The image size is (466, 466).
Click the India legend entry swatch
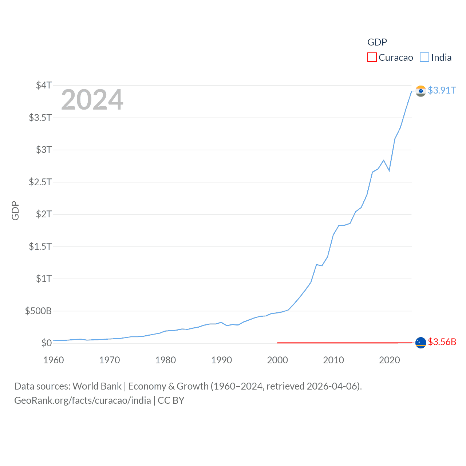click(424, 58)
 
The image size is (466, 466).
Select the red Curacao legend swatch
click(372, 58)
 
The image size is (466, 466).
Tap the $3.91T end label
click(442, 90)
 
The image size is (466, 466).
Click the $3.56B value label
click(442, 342)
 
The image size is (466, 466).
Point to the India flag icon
click(421, 91)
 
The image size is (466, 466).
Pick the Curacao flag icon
click(421, 343)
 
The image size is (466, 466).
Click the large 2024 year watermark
click(92, 100)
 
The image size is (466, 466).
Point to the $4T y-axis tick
click(44, 85)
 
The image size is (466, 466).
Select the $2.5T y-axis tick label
click(40, 182)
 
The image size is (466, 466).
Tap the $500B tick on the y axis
click(38, 311)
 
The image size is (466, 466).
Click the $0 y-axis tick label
click(47, 343)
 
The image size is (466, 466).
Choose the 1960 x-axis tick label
click(54, 360)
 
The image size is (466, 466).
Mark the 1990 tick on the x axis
click(221, 360)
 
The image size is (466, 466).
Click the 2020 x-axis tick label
click(389, 360)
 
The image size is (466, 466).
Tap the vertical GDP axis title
click(15, 210)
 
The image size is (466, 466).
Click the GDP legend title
click(377, 42)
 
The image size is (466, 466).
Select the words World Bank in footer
click(97, 386)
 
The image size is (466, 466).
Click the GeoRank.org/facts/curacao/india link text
click(83, 400)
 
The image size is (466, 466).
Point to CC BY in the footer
click(171, 400)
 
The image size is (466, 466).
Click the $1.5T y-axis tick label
click(40, 246)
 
